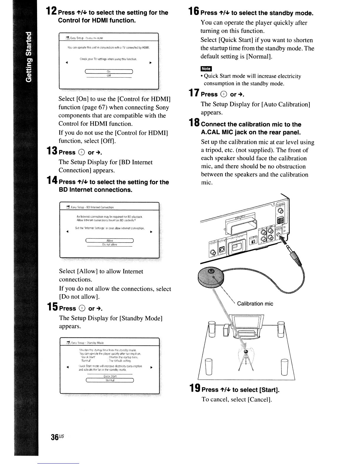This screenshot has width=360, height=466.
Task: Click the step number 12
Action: tap(51, 12)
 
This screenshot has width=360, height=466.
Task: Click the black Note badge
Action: tap(206, 69)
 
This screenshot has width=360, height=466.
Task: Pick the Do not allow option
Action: tap(109, 244)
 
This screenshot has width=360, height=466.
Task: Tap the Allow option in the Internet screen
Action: tap(109, 240)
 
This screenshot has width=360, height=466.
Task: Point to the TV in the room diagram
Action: tap(246, 322)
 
